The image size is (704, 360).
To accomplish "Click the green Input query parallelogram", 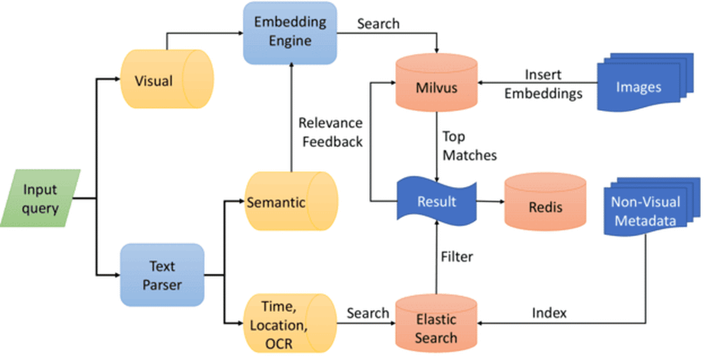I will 41,198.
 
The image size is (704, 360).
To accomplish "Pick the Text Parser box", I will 162,276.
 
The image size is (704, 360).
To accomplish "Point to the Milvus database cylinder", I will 436,85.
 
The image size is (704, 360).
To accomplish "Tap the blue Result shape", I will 436,202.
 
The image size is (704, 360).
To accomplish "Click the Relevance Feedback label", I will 331,132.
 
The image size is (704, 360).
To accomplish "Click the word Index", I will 549,313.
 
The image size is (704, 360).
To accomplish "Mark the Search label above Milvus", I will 378,23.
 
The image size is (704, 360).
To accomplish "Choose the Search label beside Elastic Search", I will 368,313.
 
